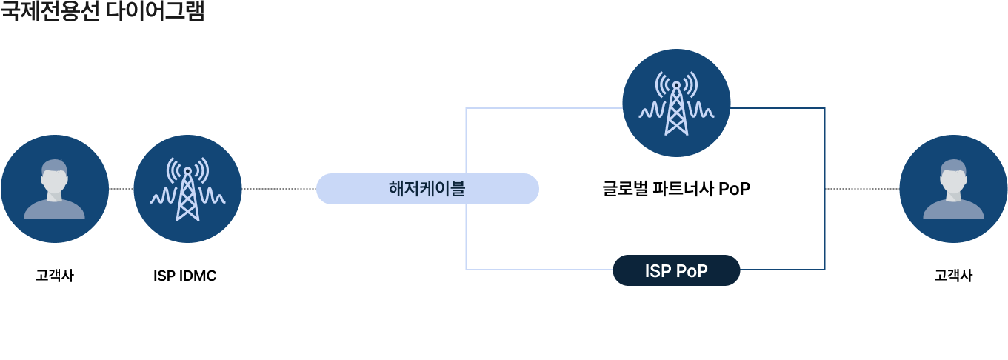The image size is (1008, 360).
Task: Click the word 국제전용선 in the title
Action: tap(50, 12)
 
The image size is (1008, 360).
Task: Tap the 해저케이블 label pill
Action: tap(427, 189)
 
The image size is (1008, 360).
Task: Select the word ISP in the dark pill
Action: tap(657, 271)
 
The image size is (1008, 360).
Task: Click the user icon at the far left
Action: tap(55, 189)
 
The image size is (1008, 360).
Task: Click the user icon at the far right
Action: tap(953, 189)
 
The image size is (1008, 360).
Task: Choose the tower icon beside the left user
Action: tap(187, 189)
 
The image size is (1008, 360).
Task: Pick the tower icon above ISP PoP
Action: tap(676, 103)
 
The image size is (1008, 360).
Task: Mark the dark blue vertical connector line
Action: tap(824, 189)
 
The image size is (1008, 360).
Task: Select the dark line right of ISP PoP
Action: tap(782, 270)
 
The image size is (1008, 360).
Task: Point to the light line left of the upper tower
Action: tap(544, 108)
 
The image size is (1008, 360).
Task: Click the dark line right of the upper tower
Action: tap(778, 108)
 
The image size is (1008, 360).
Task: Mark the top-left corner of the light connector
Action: tap(466, 108)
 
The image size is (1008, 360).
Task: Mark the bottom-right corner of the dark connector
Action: tap(824, 270)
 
